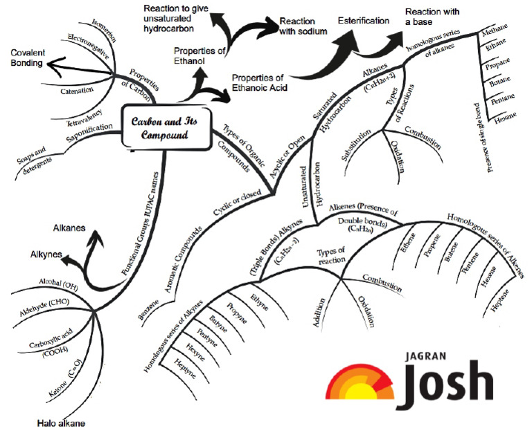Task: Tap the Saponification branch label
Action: click(x=88, y=132)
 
